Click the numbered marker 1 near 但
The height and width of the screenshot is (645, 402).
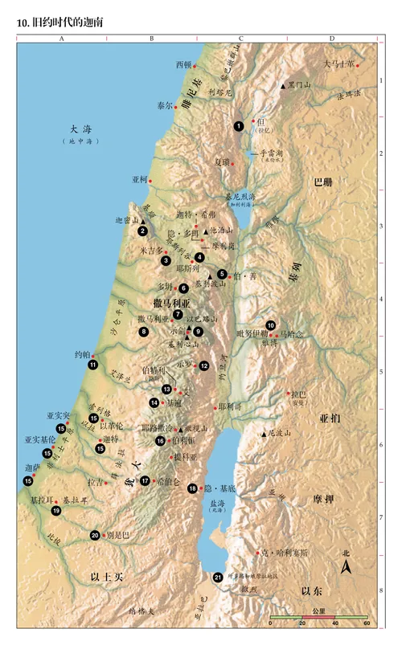(239, 126)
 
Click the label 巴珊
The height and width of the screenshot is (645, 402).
(323, 182)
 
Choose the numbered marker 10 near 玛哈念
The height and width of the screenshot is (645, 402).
(271, 325)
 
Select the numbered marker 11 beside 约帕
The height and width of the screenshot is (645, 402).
(93, 365)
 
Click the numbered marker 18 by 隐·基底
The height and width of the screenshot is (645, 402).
(193, 488)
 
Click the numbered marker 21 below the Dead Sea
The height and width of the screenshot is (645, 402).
(217, 577)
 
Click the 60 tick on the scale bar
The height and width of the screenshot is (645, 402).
(366, 623)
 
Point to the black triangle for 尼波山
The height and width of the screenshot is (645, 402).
(263, 435)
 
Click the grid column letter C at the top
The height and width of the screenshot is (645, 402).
(240, 38)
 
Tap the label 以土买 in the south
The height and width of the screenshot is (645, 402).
(106, 577)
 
